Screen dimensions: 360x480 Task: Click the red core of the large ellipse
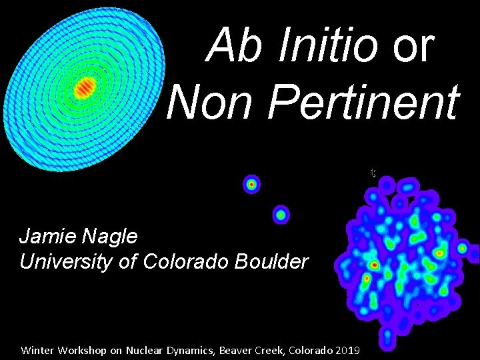(85, 86)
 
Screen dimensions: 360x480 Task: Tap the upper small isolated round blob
(251, 184)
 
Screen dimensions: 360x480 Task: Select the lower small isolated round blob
(281, 215)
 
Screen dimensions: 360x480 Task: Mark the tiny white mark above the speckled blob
(373, 173)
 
